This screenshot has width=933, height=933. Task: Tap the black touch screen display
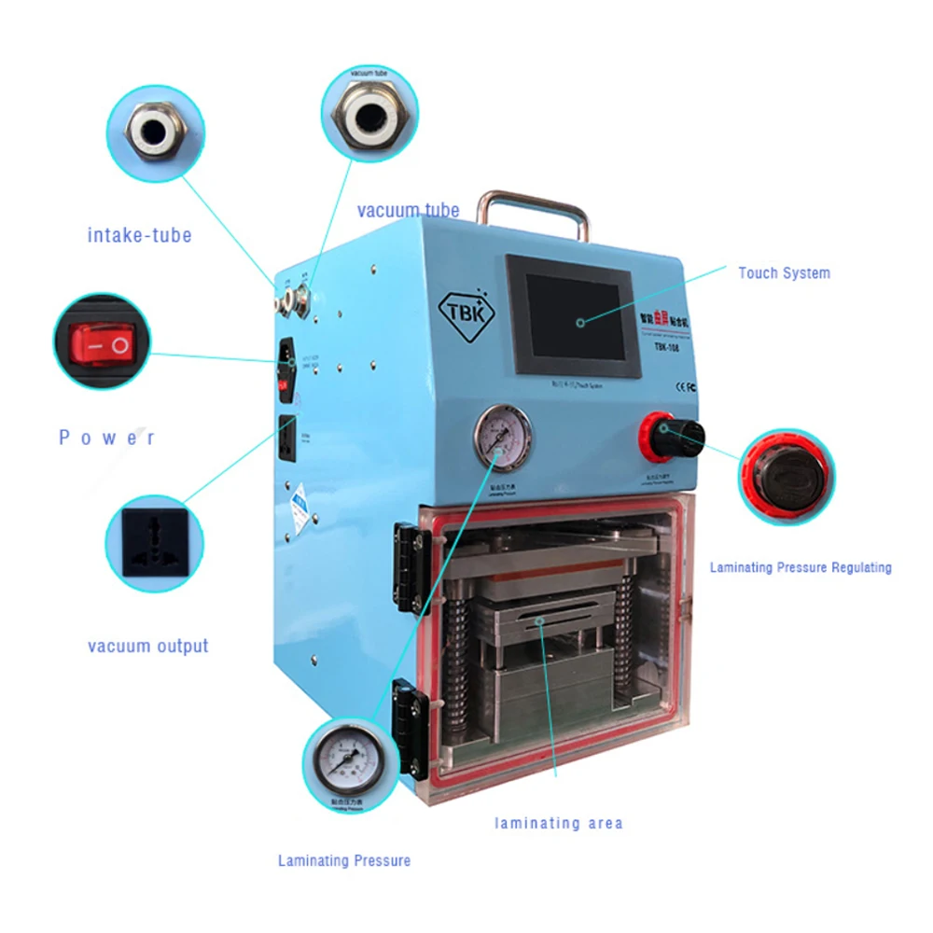[571, 313]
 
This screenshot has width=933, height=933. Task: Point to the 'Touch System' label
[784, 273]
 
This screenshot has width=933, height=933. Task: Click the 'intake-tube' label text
[139, 234]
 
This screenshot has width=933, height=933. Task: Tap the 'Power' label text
[107, 438]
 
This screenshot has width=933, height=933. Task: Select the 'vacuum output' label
[148, 646]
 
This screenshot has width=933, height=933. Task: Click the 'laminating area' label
[558, 823]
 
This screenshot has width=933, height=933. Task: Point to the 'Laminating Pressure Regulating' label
[801, 567]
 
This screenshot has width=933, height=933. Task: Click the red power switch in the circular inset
[101, 346]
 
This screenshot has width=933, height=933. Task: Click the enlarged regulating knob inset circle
[787, 476]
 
